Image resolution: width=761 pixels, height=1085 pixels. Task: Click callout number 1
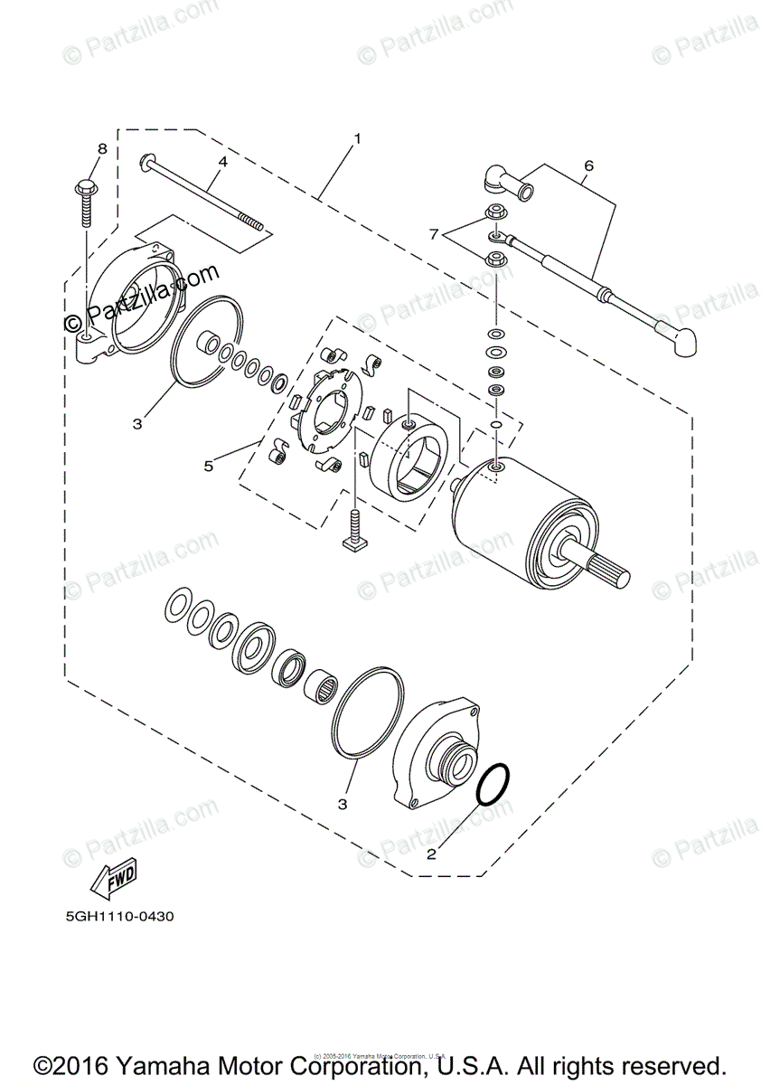click(358, 138)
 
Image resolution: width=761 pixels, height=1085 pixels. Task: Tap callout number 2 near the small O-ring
click(432, 853)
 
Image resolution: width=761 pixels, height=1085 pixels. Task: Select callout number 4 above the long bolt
click(221, 162)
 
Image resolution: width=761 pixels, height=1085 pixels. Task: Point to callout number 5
click(209, 467)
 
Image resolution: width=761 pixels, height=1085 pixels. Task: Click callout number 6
click(588, 165)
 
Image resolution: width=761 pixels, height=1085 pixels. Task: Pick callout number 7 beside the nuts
click(434, 234)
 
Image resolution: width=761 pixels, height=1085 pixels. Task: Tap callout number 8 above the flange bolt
click(102, 147)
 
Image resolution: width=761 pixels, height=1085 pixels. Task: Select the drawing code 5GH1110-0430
click(119, 916)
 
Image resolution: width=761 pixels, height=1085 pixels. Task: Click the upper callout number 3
click(136, 423)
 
